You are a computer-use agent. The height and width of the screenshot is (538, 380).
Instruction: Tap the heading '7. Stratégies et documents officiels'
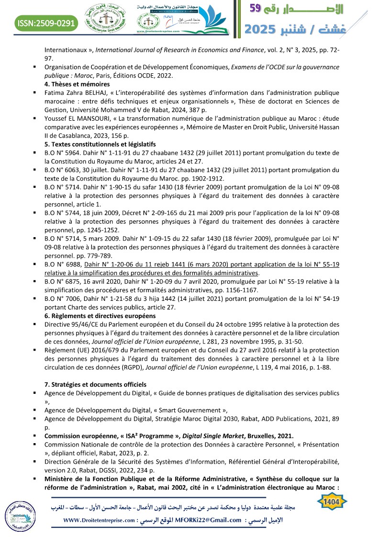click(99, 385)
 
